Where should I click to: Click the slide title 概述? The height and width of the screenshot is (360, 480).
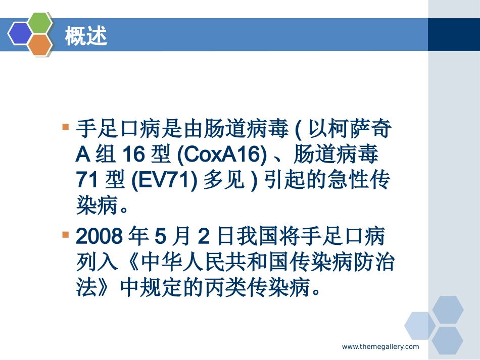86,36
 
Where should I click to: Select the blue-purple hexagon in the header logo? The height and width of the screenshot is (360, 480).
20,34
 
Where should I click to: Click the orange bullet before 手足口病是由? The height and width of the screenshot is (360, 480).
65,127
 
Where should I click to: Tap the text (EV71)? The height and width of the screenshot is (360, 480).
164,180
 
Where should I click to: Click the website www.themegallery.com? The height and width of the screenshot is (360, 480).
380,346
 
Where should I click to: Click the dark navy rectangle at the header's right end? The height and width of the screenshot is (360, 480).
453,35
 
